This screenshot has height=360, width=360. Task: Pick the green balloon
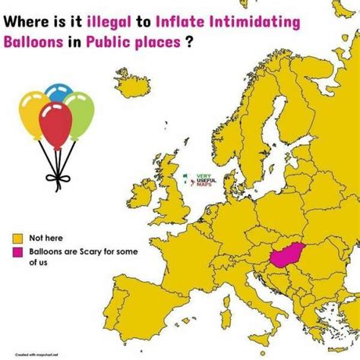click(x=79, y=112)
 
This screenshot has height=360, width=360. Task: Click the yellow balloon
click(x=34, y=111)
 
